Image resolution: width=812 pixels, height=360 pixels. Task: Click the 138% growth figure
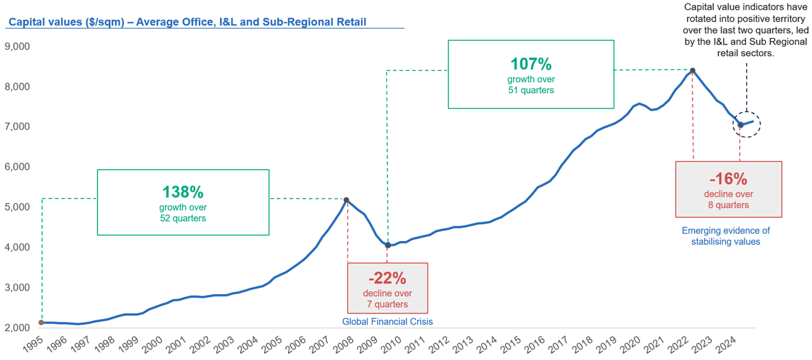pos(182,192)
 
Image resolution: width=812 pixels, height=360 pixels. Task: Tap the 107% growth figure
pos(531,63)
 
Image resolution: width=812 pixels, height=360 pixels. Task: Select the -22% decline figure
pos(387,278)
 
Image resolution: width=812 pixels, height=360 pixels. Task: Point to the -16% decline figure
pos(728,179)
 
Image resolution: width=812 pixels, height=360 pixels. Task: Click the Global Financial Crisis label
pos(387,321)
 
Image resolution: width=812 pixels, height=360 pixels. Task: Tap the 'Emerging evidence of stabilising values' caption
pos(725,236)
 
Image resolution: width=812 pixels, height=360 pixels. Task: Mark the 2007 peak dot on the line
pos(347,200)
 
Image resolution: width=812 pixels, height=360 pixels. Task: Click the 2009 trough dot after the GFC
pos(387,245)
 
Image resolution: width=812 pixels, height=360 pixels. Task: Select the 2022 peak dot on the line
pos(692,71)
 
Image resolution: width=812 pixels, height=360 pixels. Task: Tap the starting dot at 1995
pos(41,322)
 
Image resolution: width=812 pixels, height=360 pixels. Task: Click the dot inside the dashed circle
pos(740,125)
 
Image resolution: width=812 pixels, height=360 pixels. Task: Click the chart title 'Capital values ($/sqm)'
pos(187,23)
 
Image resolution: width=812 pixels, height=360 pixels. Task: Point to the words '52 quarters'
pos(182,218)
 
